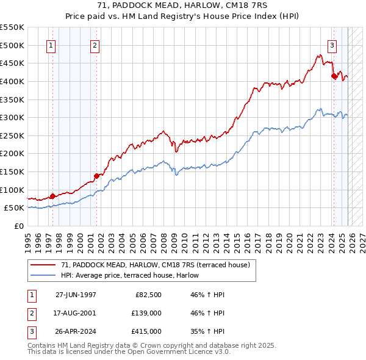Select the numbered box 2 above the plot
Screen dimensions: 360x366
click(x=96, y=45)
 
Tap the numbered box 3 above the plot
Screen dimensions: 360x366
click(x=332, y=45)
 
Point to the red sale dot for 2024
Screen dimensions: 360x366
click(x=334, y=76)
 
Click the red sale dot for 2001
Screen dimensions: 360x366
click(x=96, y=176)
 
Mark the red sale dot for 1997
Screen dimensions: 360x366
click(x=52, y=196)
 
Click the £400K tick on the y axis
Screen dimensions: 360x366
click(x=13, y=81)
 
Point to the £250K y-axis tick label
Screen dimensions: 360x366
click(x=13, y=135)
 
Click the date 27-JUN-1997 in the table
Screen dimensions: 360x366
click(x=76, y=295)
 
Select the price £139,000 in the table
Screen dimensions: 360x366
click(x=146, y=313)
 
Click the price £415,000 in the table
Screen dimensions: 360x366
click(x=146, y=331)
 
